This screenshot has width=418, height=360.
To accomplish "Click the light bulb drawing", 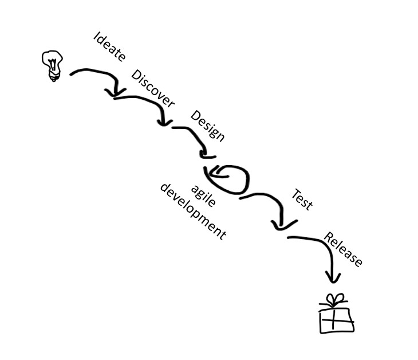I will point(52,64).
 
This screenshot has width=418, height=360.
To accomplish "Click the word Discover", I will point(153,88).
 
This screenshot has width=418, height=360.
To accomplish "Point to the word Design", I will point(207,126).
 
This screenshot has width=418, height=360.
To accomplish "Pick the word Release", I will point(343,249).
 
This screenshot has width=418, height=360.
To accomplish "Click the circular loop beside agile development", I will point(230,178).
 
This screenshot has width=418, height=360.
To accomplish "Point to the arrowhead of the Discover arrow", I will point(165,121).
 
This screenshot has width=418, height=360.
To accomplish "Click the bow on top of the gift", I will point(334,300).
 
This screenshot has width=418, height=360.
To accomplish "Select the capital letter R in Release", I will point(329,236).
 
